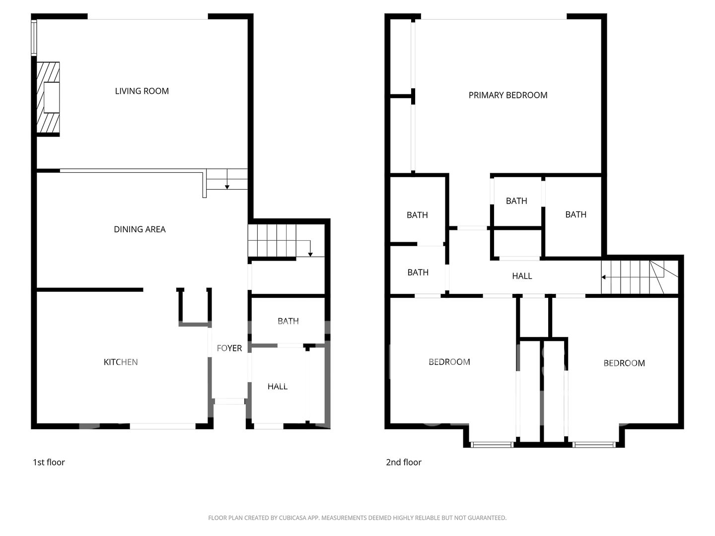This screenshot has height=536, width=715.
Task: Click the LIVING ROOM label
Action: [142, 91]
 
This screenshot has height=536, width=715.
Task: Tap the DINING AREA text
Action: [140, 229]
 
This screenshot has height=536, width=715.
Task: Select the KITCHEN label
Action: [121, 362]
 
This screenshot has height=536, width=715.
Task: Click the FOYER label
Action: [229, 348]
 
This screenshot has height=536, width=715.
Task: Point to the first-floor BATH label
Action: [288, 321]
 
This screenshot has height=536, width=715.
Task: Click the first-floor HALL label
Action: [278, 386]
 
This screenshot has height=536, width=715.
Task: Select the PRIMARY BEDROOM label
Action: [508, 95]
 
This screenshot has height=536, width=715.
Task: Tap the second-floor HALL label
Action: [522, 276]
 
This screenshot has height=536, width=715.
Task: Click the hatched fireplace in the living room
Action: [48, 98]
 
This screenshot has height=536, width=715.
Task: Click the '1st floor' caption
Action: [49, 462]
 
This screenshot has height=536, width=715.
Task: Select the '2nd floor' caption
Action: [404, 462]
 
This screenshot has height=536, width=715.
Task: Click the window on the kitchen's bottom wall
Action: [162, 426]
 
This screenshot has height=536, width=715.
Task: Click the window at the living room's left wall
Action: [34, 37]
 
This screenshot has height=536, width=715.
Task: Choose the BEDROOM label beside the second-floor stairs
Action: [624, 363]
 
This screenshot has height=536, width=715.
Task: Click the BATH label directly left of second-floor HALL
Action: [418, 272]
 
